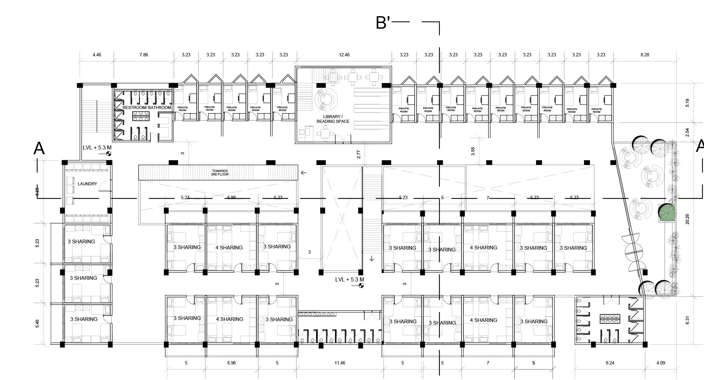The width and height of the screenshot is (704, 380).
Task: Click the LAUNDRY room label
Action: point(87,184)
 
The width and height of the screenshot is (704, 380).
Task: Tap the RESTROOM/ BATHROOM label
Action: point(147,108)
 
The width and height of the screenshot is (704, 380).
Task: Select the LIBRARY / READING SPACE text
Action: point(333,119)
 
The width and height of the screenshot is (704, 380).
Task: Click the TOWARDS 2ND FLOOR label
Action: point(220,173)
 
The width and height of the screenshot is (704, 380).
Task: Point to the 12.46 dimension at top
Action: point(344,55)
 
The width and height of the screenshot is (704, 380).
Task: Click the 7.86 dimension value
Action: point(143,55)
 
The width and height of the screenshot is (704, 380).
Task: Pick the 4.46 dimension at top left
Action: point(97,55)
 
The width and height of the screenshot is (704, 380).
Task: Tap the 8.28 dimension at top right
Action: point(645,55)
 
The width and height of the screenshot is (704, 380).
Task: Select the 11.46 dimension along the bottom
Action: point(340,363)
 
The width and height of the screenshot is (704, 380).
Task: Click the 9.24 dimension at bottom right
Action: point(610,363)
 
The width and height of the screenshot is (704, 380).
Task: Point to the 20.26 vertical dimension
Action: point(687,219)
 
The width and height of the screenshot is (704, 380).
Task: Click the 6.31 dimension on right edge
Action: point(687,320)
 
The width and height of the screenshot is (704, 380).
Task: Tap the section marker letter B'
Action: point(383,23)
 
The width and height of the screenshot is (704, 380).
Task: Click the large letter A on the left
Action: point(39,148)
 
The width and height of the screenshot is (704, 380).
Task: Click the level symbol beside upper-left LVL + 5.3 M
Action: point(108,154)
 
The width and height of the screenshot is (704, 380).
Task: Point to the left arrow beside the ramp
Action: point(304,173)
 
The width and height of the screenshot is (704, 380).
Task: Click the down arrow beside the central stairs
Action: point(372,259)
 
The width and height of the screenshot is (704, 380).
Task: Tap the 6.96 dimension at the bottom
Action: point(231,363)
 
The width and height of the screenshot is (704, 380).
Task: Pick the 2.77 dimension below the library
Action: point(359,155)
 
